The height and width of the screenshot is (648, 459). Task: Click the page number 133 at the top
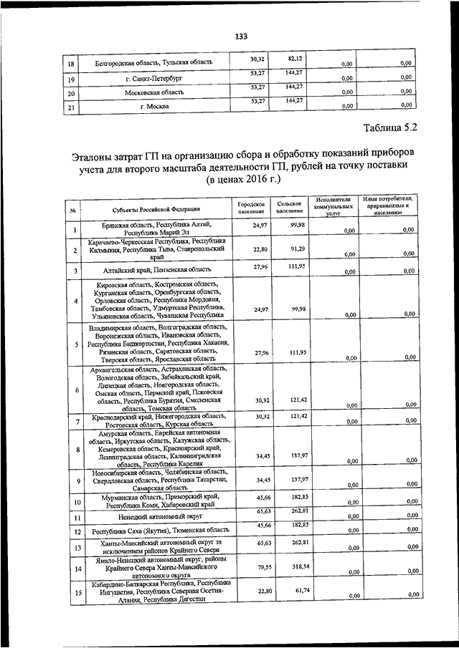tap(240, 37)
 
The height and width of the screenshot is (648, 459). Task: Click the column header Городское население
tap(251, 208)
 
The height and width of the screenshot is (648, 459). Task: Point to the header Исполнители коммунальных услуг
tap(333, 206)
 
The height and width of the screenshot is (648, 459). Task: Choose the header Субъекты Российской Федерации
tap(155, 210)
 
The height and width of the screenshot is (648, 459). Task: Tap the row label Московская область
tap(155, 92)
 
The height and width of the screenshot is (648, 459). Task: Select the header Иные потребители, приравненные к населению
tap(387, 206)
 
